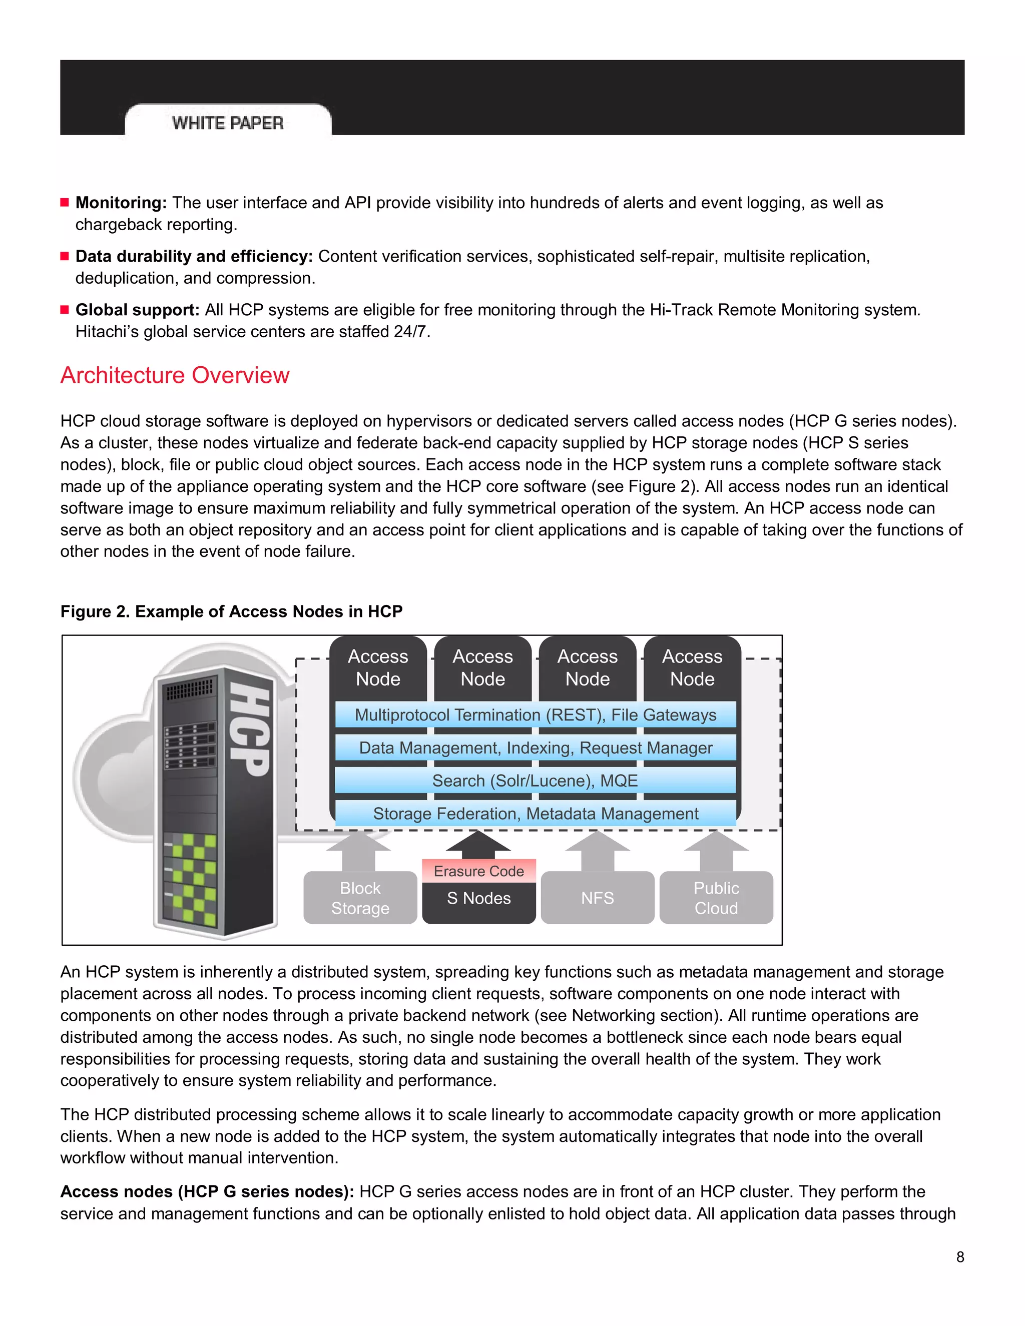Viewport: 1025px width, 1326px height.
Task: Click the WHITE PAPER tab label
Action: point(228,123)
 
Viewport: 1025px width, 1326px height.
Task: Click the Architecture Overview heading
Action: point(175,375)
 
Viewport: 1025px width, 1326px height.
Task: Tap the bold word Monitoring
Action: point(120,203)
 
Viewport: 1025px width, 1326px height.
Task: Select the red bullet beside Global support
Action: point(65,310)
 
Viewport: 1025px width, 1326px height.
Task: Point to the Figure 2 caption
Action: point(231,611)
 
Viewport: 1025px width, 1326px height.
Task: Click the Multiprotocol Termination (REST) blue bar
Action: point(535,715)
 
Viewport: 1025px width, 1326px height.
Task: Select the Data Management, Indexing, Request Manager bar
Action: point(535,748)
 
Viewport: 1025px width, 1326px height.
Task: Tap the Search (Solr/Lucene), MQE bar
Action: point(535,780)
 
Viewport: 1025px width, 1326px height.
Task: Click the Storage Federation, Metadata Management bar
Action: point(535,814)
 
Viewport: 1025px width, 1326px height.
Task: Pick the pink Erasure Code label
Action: point(478,871)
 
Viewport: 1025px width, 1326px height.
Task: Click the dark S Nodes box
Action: point(478,899)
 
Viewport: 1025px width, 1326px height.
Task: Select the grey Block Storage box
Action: point(360,898)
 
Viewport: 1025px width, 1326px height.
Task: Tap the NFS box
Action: point(598,898)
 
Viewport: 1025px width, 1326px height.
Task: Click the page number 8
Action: point(960,1257)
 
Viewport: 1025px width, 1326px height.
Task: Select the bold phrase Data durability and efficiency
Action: point(194,256)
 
